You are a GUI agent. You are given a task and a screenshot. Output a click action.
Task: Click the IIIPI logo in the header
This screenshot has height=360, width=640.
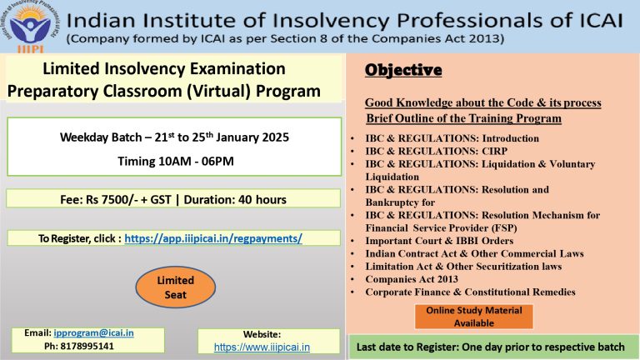pyautogui.click(x=30, y=26)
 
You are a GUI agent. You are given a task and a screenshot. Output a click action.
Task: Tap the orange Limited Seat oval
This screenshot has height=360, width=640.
pyautogui.click(x=176, y=287)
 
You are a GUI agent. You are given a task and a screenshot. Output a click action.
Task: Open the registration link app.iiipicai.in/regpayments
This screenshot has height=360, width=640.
pyautogui.click(x=213, y=238)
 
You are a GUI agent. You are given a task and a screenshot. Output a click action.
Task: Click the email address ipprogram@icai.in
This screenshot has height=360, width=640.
pyautogui.click(x=93, y=333)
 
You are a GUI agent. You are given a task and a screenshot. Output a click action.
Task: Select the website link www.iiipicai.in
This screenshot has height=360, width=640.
pyautogui.click(x=262, y=347)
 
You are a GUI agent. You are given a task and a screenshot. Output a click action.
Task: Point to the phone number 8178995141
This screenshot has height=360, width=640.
pyautogui.click(x=87, y=346)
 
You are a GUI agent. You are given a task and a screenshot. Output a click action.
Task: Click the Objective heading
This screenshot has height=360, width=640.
pyautogui.click(x=403, y=70)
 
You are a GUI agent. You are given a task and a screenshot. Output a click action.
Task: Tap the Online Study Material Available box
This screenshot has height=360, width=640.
pyautogui.click(x=474, y=317)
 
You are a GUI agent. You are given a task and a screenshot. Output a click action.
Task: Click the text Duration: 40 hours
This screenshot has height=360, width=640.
pyautogui.click(x=235, y=200)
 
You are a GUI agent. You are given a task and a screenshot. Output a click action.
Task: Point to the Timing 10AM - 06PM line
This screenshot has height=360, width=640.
pyautogui.click(x=176, y=161)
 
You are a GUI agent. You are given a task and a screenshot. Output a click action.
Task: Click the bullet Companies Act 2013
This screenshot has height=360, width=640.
pyautogui.click(x=412, y=279)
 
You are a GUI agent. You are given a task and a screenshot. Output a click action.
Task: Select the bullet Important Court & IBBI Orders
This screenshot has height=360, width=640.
pyautogui.click(x=439, y=241)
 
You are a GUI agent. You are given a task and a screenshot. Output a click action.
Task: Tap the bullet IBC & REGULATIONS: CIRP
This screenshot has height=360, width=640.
pyautogui.click(x=437, y=151)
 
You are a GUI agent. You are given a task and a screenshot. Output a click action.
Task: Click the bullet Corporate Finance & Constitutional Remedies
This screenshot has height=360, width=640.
pyautogui.click(x=470, y=292)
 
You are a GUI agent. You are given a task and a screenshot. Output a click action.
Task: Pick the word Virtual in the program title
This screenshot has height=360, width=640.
pyautogui.click(x=218, y=91)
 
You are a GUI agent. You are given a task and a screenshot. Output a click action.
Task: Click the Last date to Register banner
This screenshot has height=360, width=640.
pyautogui.click(x=491, y=347)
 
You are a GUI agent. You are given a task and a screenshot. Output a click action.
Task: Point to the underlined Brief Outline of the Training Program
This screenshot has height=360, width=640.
pyautogui.click(x=463, y=118)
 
